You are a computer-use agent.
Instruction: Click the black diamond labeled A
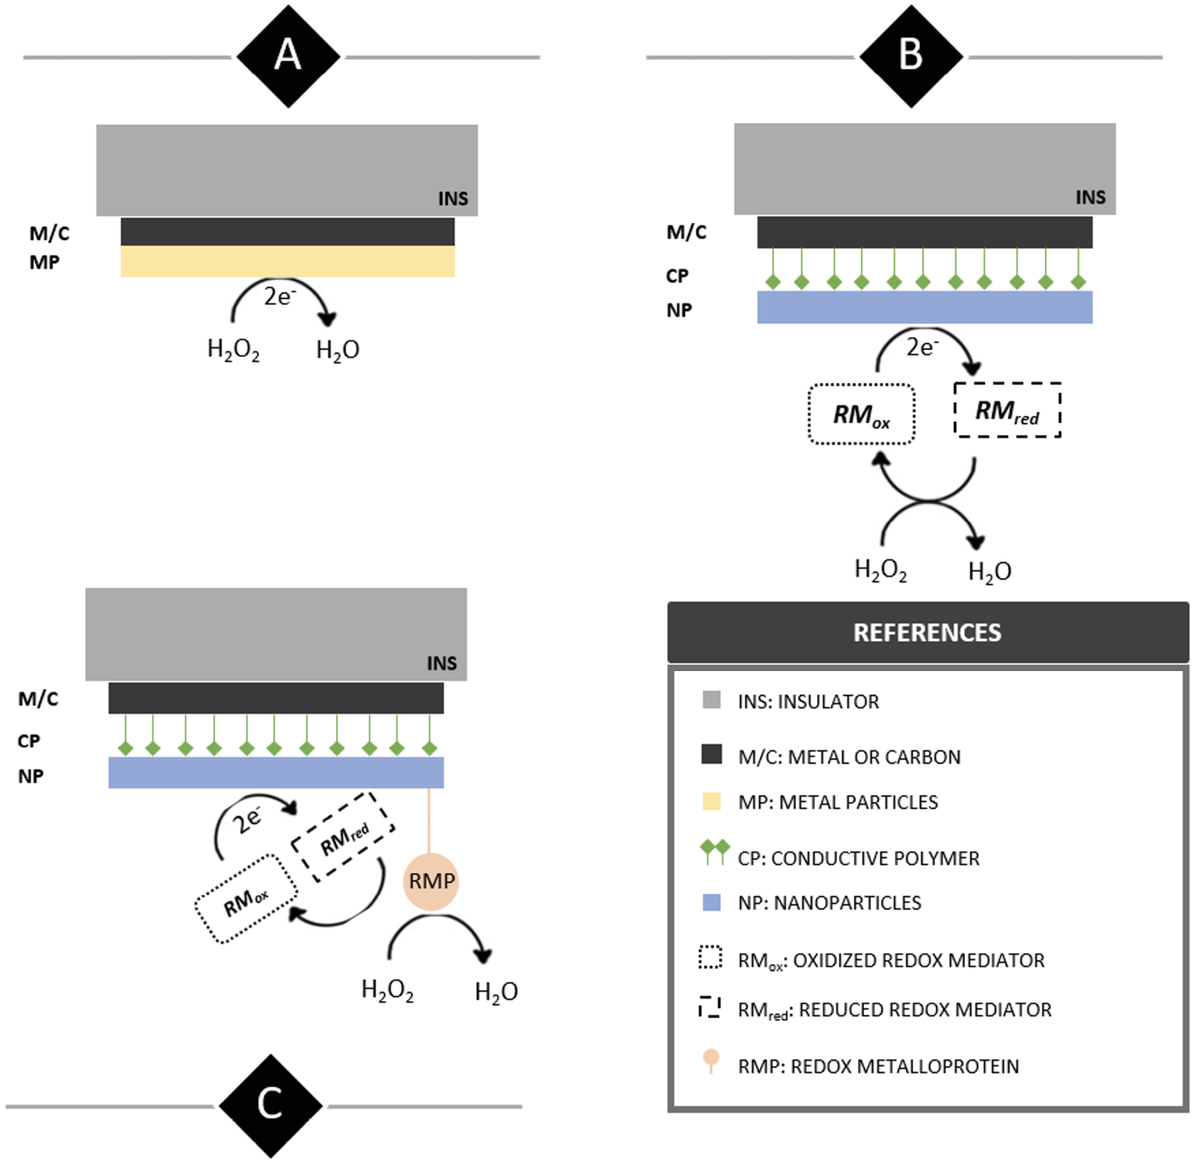click(288, 57)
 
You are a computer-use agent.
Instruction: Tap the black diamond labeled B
click(911, 57)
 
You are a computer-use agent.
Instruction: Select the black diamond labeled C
click(270, 1105)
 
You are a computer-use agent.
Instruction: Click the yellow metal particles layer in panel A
click(287, 262)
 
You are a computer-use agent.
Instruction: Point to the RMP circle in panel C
click(431, 881)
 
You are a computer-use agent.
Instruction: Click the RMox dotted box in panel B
click(861, 415)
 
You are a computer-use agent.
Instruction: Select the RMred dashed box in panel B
click(1007, 411)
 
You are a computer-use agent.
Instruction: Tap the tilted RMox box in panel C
click(246, 899)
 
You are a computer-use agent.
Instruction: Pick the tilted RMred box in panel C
click(344, 836)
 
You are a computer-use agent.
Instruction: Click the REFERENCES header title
click(927, 633)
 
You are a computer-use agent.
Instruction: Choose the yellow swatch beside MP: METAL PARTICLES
click(711, 801)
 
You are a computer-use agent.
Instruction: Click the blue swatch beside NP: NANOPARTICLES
click(711, 903)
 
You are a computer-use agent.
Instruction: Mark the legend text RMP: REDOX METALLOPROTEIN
click(878, 1067)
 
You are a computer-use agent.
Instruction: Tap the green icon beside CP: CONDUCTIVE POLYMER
click(714, 853)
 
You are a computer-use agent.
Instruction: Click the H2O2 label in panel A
click(234, 350)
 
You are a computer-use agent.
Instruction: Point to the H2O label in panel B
click(990, 572)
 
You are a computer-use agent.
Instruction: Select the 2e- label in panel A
click(280, 296)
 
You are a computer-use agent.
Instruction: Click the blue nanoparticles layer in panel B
click(924, 307)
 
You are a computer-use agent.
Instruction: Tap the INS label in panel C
click(442, 664)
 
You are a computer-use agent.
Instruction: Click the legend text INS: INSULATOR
click(808, 702)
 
